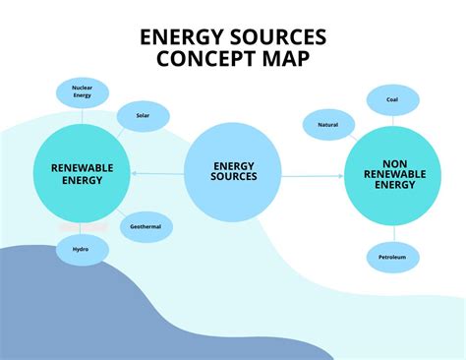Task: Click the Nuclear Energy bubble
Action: [x=82, y=93]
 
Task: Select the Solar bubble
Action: [x=142, y=116]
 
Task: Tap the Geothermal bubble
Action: [x=146, y=226]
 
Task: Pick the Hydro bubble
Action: [x=81, y=249]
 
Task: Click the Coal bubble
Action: [x=391, y=99]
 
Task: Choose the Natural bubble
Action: [x=328, y=125]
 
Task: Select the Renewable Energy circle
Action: [x=82, y=174]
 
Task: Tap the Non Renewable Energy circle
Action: [x=391, y=176]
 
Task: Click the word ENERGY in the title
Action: [x=179, y=37]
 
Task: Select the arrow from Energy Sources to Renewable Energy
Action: [x=157, y=174]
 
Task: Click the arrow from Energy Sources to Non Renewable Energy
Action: [x=313, y=175]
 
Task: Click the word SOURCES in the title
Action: [x=276, y=37]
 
